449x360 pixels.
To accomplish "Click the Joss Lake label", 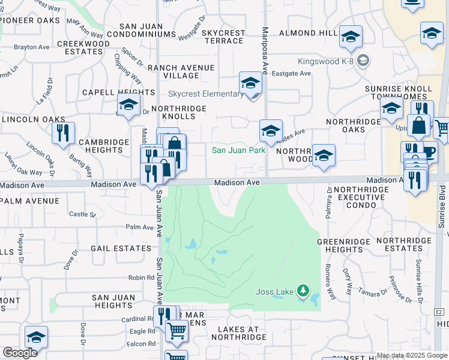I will click(275, 292).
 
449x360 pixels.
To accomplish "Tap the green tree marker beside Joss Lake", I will click(303, 292).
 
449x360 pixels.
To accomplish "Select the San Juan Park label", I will click(238, 150).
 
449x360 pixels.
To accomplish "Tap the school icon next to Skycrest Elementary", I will click(250, 83).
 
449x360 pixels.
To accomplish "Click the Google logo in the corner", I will click(19, 353).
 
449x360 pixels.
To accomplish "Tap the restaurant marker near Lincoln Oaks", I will click(63, 133).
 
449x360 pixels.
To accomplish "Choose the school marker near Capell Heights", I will click(128, 105).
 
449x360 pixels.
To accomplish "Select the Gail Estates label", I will click(121, 248).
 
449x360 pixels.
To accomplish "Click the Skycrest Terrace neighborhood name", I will click(223, 37).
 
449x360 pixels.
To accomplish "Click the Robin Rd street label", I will click(141, 278).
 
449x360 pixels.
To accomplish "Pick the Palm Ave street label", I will click(140, 227).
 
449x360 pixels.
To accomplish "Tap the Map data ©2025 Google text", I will click(412, 355).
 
